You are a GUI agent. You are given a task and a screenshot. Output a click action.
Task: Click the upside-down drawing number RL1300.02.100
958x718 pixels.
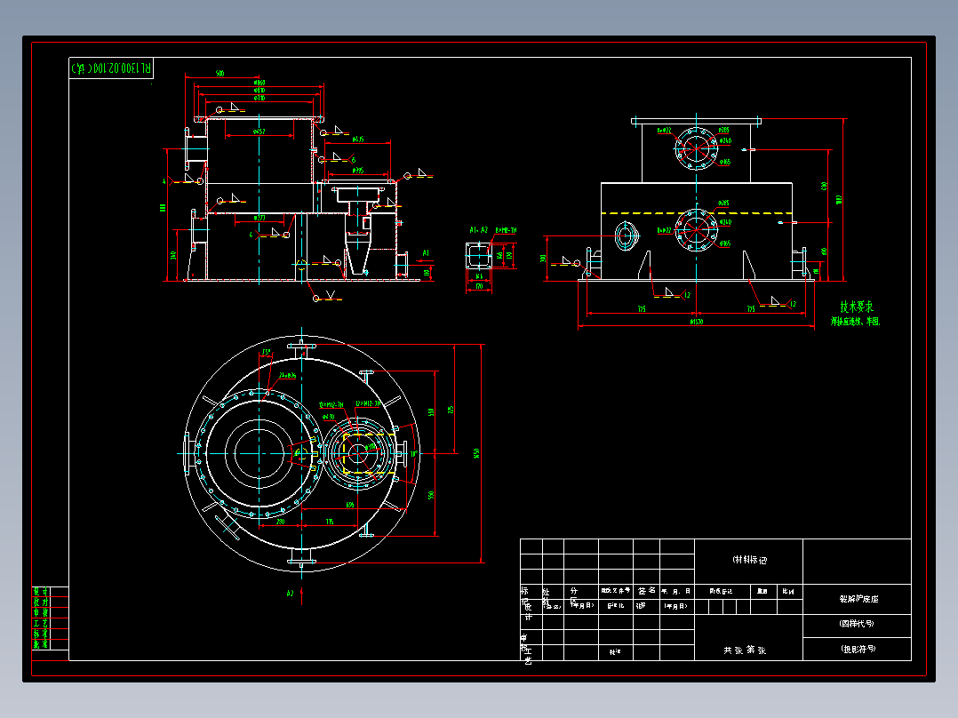[111, 68]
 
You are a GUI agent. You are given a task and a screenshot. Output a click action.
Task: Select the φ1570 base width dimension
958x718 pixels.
[696, 321]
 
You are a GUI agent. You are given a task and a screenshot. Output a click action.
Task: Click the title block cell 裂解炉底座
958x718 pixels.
[857, 599]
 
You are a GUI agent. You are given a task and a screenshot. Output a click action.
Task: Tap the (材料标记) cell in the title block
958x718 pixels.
[748, 560]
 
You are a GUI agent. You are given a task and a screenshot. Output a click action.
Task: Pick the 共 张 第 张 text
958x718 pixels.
[748, 650]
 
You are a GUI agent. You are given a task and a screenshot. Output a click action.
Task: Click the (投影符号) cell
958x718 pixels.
[857, 649]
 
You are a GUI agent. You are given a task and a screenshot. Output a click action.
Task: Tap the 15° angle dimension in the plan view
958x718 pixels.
[266, 353]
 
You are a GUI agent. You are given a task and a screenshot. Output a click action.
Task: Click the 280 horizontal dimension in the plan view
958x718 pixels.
[281, 522]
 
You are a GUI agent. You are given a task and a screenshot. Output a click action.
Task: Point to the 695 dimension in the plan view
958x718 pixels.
[351, 504]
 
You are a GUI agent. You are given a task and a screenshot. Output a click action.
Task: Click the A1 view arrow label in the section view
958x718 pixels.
[426, 254]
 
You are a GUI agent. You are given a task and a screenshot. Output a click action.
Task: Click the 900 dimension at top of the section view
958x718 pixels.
[220, 75]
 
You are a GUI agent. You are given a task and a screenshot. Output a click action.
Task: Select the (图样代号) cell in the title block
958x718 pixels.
[857, 624]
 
